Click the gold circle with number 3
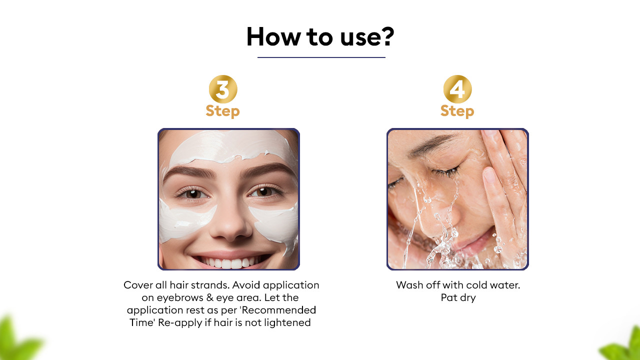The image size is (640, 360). pos(223,89)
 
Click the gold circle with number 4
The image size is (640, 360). pos(457,89)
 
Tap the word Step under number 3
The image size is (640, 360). pos(222,111)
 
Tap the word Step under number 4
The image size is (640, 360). pos(457,111)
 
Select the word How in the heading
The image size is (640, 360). pos(273,36)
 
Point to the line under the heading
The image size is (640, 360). pos(321,57)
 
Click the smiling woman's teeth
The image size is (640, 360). pos(230,262)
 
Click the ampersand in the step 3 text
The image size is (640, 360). pos(210,297)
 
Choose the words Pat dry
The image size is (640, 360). pos(458,298)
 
